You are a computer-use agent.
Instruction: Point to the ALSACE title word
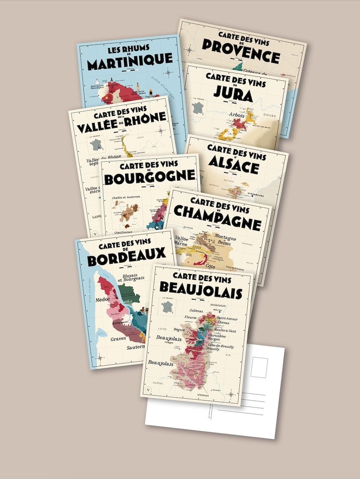coord(233,167)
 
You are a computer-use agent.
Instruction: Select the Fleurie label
coord(190,318)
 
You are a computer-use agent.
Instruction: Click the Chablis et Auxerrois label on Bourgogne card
coord(126,198)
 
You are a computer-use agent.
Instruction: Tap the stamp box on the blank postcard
coord(259,367)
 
